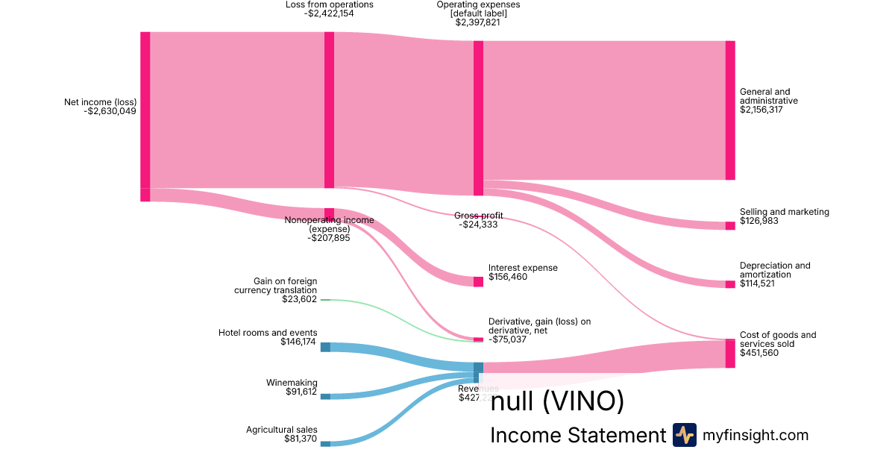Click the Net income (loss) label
click(100, 102)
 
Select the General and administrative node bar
click(730, 110)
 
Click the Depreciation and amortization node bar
click(730, 284)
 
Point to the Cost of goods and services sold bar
click(730, 354)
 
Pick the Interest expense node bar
click(478, 281)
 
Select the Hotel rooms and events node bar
click(325, 347)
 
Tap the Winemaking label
click(292, 383)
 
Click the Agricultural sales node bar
click(325, 444)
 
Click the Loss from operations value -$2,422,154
click(329, 13)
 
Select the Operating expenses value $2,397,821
click(477, 22)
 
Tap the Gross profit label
click(478, 216)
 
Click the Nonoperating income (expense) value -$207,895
click(329, 238)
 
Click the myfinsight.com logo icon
click(684, 435)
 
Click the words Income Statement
click(577, 436)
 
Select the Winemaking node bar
click(325, 396)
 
